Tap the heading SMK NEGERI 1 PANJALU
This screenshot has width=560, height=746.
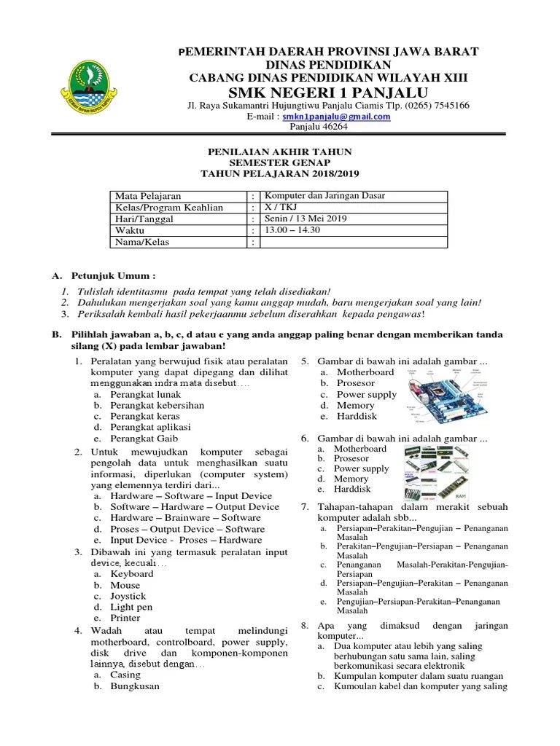329,93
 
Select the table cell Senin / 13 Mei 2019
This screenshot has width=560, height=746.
306,219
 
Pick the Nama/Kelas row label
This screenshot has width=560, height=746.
141,242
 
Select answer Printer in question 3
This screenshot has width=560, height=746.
125,618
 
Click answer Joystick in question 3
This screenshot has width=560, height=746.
128,596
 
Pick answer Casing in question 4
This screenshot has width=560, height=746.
125,675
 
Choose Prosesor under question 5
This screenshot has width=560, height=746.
355,383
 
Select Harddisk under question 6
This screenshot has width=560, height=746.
352,490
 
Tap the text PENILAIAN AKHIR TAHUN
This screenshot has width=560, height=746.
280,152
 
